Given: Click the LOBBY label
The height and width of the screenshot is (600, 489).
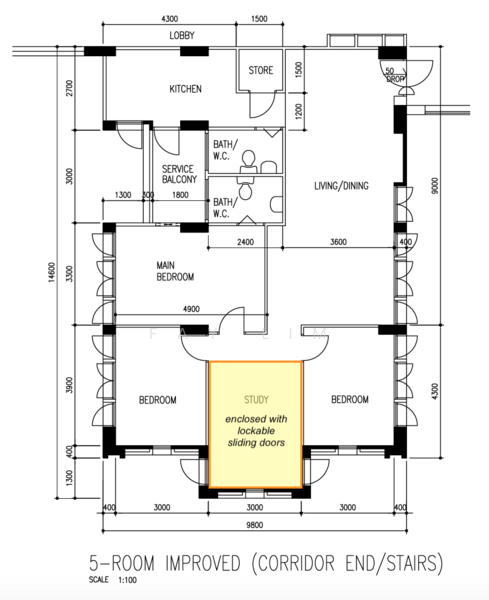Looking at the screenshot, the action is [x=182, y=36].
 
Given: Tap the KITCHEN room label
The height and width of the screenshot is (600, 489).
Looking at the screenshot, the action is [x=186, y=89].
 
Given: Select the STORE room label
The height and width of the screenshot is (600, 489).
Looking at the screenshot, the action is [x=261, y=70].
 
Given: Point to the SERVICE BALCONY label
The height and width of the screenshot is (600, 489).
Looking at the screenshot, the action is [x=179, y=174].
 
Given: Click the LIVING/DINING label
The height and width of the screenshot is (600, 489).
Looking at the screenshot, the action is [x=341, y=186].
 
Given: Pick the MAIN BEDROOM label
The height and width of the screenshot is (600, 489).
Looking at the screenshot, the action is [x=175, y=271].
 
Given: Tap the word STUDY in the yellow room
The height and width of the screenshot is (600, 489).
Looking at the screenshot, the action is [x=256, y=400].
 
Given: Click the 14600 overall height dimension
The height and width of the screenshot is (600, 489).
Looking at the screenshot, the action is [x=52, y=273].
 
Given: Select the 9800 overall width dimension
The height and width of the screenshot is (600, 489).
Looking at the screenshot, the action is [x=254, y=525].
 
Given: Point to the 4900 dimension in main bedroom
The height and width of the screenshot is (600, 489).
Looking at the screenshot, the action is [x=191, y=309].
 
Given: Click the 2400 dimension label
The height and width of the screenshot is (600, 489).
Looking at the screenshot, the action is [x=245, y=242].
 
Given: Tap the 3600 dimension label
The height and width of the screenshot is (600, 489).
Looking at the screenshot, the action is [x=339, y=242].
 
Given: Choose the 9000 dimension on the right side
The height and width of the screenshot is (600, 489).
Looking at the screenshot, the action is [x=435, y=186].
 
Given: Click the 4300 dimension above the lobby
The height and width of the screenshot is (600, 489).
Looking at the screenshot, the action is [x=170, y=19].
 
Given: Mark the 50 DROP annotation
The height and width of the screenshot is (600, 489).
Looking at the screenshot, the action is [x=394, y=75].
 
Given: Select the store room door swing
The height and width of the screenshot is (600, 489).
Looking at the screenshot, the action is [x=262, y=105].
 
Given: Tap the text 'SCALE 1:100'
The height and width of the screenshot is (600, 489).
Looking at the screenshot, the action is [x=113, y=580].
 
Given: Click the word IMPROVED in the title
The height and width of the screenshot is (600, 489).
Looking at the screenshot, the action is [x=203, y=563].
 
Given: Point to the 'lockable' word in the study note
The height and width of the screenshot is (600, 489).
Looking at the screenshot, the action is [x=256, y=431].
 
